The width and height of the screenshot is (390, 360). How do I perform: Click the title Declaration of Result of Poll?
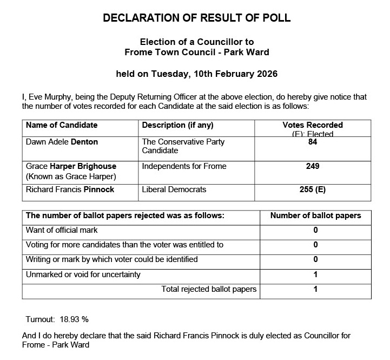[x=196, y=18]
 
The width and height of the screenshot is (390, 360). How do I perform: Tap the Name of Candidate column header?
[x=62, y=125]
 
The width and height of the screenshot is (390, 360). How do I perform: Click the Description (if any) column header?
[x=177, y=125]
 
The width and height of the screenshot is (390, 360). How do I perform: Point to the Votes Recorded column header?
[x=313, y=125]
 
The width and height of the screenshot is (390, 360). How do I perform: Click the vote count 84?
[x=313, y=142]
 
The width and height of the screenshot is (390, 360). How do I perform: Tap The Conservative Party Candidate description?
[x=183, y=146]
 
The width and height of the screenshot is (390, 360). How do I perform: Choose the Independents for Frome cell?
[x=184, y=166]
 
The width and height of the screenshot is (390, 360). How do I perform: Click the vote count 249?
[x=313, y=166]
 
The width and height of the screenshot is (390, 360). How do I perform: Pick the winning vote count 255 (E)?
[x=313, y=190]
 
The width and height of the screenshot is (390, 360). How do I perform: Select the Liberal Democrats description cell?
[x=174, y=190]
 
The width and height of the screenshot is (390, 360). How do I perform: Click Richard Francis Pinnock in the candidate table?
[x=70, y=190]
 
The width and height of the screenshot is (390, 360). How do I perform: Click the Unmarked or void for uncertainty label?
[x=83, y=274]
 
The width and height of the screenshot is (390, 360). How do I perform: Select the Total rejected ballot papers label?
[x=209, y=289]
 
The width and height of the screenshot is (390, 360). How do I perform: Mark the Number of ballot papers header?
[x=315, y=215]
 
